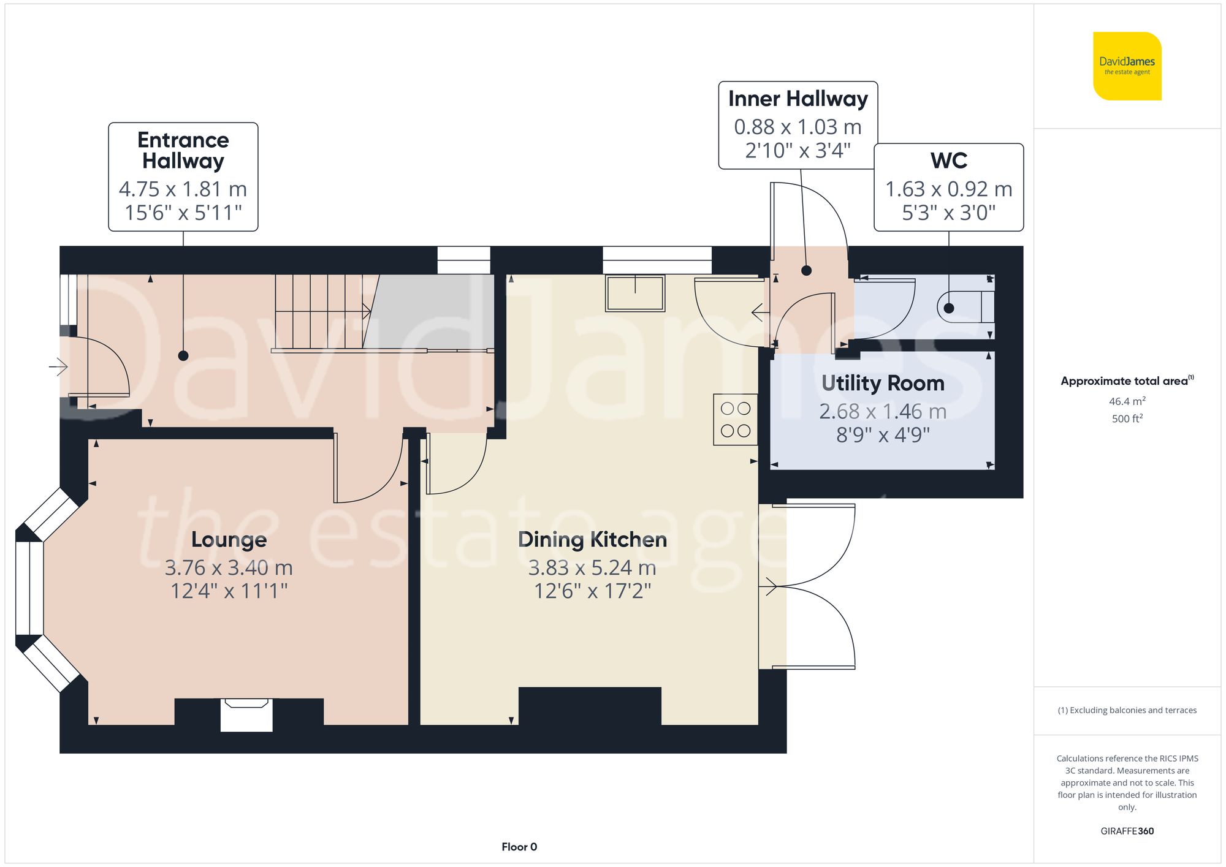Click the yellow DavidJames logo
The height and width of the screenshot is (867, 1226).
click(x=1127, y=66)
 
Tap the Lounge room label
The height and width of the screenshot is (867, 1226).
click(x=229, y=540)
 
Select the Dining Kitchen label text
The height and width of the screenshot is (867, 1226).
click(x=592, y=540)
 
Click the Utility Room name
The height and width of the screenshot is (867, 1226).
click(x=883, y=384)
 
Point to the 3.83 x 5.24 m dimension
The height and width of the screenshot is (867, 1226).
click(x=592, y=568)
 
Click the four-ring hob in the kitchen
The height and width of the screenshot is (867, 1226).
click(x=736, y=420)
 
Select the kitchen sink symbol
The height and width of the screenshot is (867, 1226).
click(x=635, y=293)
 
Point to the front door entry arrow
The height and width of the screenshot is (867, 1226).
click(x=58, y=367)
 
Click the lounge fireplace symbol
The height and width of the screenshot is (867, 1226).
click(x=246, y=714)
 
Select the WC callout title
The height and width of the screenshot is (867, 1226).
click(x=948, y=161)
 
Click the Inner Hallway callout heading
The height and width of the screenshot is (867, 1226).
click(x=798, y=99)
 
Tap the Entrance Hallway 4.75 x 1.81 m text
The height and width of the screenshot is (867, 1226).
click(x=183, y=189)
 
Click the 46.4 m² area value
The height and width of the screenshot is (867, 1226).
click(x=1127, y=401)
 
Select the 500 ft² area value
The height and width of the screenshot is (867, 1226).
click(x=1127, y=418)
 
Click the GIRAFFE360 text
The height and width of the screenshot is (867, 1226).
click(x=1127, y=831)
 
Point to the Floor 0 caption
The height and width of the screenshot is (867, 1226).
click(x=519, y=847)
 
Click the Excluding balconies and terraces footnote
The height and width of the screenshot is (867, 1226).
click(x=1127, y=710)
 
